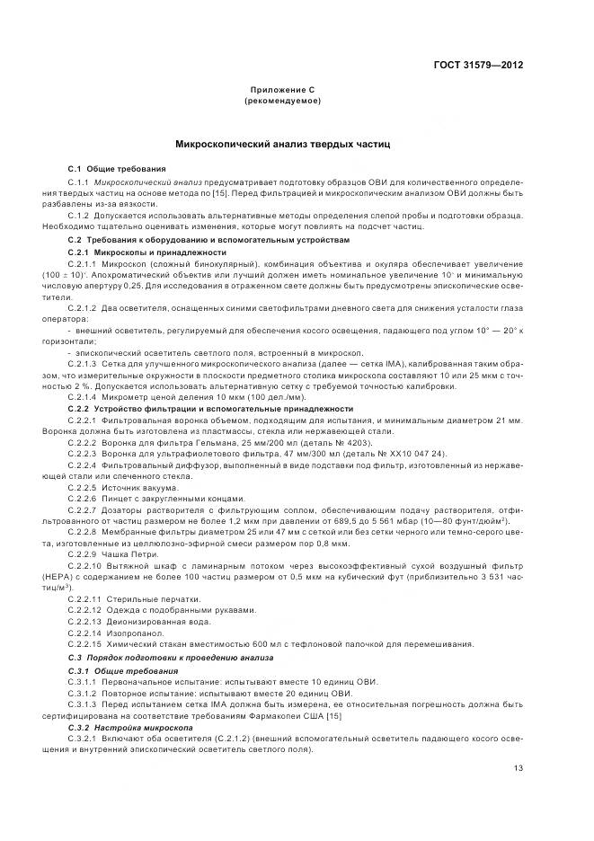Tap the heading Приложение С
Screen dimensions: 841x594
click(282, 92)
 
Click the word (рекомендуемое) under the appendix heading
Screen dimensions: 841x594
click(282, 102)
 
